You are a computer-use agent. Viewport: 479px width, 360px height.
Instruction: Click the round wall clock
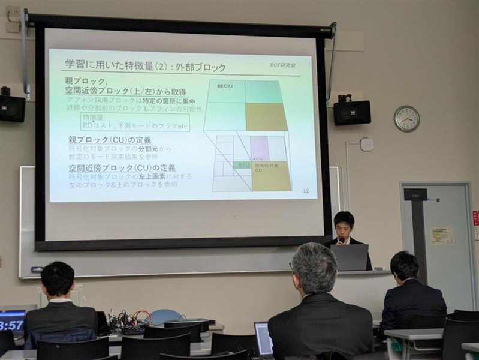[x=406, y=118]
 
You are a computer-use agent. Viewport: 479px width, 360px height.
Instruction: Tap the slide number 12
[x=306, y=191]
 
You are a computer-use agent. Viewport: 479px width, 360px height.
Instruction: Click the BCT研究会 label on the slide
[x=282, y=65]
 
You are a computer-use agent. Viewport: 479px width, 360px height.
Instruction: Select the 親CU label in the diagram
[x=224, y=86]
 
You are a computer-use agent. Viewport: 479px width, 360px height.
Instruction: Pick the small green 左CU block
[x=242, y=164]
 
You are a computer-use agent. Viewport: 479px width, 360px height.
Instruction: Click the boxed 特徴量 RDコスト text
[x=135, y=122]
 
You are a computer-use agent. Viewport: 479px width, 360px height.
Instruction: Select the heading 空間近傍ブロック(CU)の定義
[x=122, y=167]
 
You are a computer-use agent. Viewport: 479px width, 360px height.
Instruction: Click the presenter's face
[x=344, y=229]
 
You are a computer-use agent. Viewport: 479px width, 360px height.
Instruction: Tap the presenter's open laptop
[x=350, y=257]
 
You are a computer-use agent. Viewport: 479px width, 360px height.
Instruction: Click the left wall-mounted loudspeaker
[x=11, y=108]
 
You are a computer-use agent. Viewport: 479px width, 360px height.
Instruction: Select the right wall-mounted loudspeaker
[x=352, y=112]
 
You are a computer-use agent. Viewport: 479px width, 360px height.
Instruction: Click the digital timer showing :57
[x=11, y=325]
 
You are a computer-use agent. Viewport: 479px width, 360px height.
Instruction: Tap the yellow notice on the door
[x=442, y=235]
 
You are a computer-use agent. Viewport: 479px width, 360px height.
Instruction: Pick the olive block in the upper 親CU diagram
[x=266, y=116]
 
